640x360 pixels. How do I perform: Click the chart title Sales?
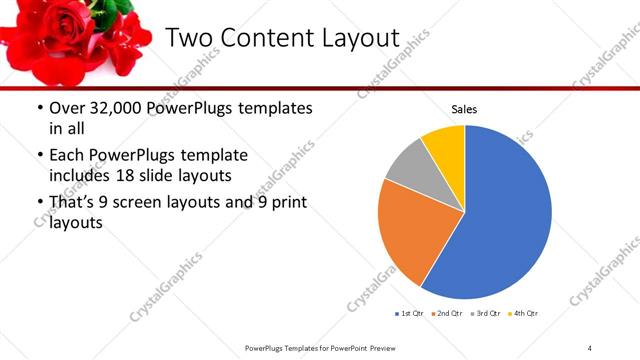pyautogui.click(x=465, y=108)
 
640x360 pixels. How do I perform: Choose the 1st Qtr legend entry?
pyautogui.click(x=411, y=314)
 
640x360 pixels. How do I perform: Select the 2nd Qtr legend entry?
pyautogui.click(x=447, y=314)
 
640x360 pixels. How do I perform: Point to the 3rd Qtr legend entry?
pyautogui.click(x=484, y=314)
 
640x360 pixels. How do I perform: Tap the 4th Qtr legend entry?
pyautogui.click(x=522, y=314)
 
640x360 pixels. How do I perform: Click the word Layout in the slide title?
pyautogui.click(x=351, y=38)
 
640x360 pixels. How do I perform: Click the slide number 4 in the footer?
pyautogui.click(x=590, y=347)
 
